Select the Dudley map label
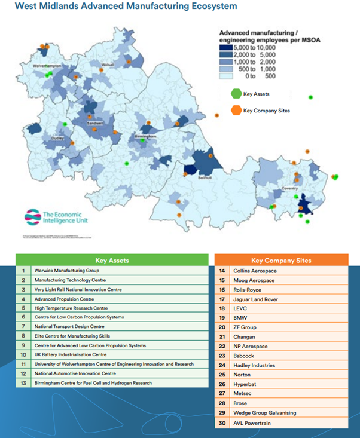tap(57, 138)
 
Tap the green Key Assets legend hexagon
tap(235, 93)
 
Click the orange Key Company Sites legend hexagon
tap(235, 110)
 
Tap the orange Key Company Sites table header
tap(281, 261)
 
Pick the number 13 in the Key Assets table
tap(23, 382)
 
